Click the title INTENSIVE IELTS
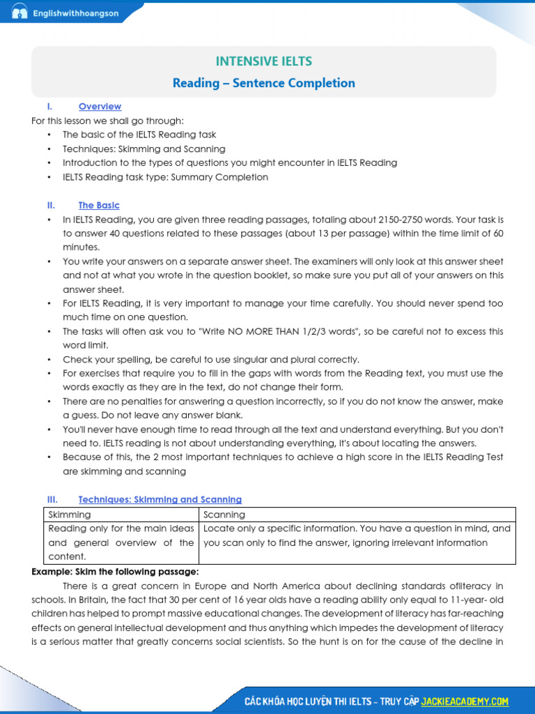(264, 61)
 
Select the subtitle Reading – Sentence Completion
(264, 83)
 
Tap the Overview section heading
(100, 107)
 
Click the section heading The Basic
(99, 206)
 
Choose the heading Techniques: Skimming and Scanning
(160, 500)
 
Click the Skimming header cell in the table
(69, 515)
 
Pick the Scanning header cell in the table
(224, 515)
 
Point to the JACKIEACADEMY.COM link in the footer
(465, 701)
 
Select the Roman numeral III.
(52, 500)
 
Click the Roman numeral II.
(51, 206)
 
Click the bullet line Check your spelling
(211, 360)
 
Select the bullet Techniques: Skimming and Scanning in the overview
(144, 149)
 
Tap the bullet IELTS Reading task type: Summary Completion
(165, 177)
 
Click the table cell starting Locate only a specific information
(357, 535)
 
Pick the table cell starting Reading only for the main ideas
(121, 542)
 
